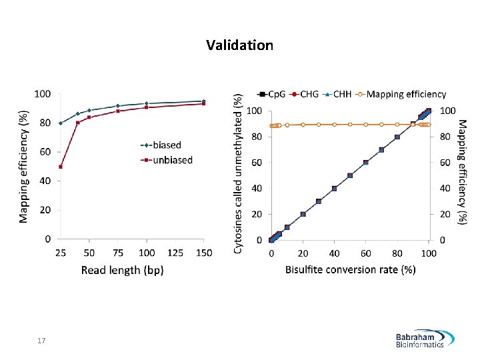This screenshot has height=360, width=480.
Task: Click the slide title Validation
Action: coord(240,45)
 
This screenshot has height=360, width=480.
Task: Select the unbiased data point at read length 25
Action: coord(61,167)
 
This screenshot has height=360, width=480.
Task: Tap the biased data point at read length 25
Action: coord(61,123)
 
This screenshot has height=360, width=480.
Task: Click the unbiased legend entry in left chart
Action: coord(167,160)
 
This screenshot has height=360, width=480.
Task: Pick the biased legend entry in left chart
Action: coord(161,145)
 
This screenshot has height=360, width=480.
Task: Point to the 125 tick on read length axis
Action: coord(175,253)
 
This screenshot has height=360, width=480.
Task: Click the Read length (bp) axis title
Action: coord(123,270)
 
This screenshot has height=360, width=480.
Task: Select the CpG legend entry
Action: coord(271,94)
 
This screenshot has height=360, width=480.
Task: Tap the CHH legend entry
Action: coord(337,94)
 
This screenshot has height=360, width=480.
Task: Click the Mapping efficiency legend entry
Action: coord(401,94)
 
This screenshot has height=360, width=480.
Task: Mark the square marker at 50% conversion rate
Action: coord(350,176)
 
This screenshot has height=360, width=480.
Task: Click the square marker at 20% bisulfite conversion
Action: coord(303,214)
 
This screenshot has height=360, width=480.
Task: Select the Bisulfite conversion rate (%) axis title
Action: coord(351,270)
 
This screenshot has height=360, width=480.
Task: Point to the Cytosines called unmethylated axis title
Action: coord(238,173)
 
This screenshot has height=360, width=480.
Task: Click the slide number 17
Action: coord(41,341)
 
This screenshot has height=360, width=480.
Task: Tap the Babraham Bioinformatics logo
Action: coord(425,339)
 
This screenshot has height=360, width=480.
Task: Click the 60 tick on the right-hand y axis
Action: coord(445,163)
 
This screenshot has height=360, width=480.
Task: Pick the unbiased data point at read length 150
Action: coord(203,104)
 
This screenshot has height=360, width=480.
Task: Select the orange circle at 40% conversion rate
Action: coord(335,125)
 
